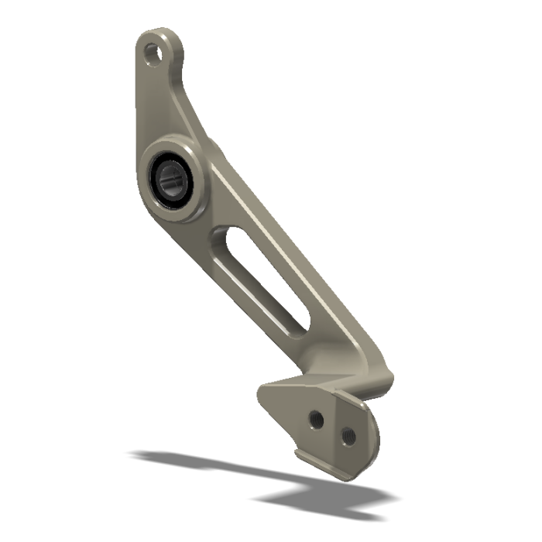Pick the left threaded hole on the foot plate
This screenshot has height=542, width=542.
[315, 419]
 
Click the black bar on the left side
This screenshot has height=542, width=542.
[38, 271]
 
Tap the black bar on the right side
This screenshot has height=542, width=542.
[503, 271]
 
